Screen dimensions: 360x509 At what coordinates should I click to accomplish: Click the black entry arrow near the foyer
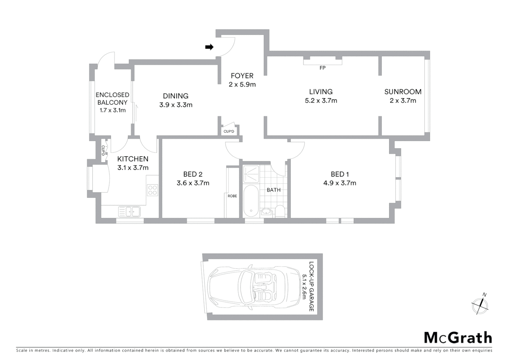(x=209, y=47)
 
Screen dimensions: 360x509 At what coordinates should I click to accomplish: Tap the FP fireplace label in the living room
(x=322, y=68)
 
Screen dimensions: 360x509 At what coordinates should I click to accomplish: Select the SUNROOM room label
(x=403, y=92)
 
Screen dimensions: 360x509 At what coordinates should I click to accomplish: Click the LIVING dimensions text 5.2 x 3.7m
(x=321, y=101)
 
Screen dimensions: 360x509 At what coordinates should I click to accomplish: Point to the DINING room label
(x=176, y=96)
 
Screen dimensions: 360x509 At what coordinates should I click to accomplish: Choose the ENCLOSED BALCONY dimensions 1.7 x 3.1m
(x=113, y=110)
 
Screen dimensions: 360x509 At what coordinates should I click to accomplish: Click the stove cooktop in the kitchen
(x=153, y=190)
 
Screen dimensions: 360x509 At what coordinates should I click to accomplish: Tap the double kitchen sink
(x=129, y=211)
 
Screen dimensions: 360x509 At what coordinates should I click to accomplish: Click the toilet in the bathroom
(x=280, y=211)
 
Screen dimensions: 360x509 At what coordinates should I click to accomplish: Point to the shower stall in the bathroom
(x=251, y=173)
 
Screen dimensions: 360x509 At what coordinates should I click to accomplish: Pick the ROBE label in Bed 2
(x=232, y=196)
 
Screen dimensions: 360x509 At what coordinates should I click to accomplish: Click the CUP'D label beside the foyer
(x=229, y=131)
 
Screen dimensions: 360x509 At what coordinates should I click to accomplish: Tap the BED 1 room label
(x=339, y=174)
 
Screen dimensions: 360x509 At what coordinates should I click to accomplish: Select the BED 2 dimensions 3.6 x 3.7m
(x=193, y=183)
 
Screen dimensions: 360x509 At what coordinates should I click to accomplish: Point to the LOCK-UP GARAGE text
(x=311, y=286)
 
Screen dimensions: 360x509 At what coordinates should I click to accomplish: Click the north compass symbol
(x=480, y=304)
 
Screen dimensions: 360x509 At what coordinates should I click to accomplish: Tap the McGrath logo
(x=458, y=338)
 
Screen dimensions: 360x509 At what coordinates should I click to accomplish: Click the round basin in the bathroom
(x=266, y=211)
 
